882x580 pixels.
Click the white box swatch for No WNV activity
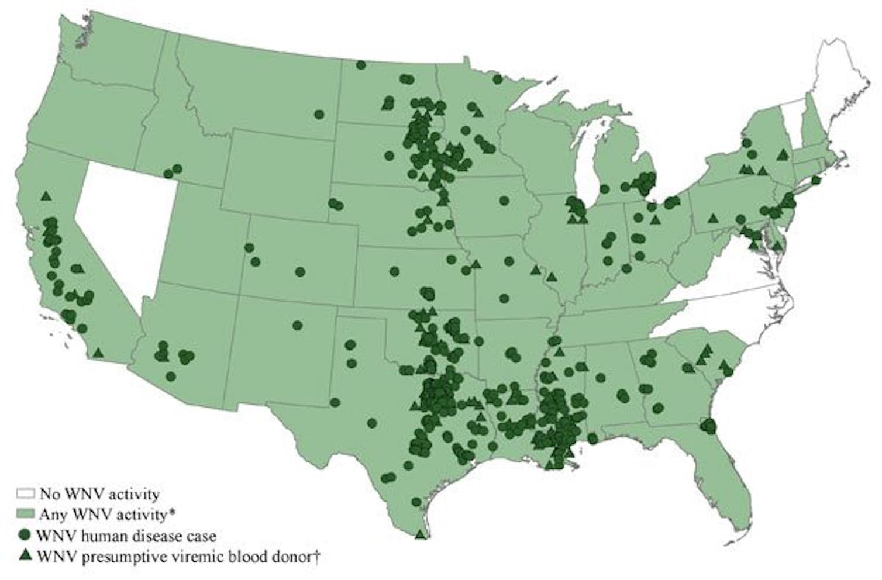tap(25, 495)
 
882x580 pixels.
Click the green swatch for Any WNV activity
tap(25, 515)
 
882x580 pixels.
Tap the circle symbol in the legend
tap(25, 535)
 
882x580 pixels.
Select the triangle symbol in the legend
tap(25, 555)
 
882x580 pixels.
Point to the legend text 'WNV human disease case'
tap(126, 536)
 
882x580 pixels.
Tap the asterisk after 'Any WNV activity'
tap(173, 513)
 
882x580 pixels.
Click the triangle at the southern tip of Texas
tap(420, 534)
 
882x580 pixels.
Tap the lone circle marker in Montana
tap(319, 114)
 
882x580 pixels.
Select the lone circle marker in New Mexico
tap(297, 325)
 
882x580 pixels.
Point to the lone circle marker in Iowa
tap(504, 201)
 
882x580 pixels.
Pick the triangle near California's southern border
tap(98, 353)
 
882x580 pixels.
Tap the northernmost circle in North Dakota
tap(361, 65)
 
